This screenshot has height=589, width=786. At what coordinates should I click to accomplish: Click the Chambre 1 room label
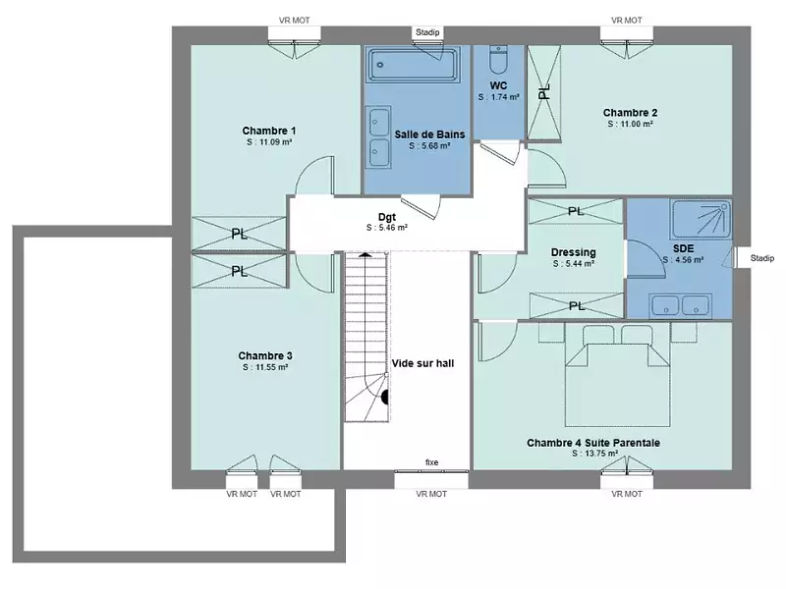coord(269,131)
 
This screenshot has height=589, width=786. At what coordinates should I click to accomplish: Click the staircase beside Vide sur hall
coord(365,334)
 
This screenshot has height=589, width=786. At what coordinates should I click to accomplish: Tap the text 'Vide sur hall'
coord(422,362)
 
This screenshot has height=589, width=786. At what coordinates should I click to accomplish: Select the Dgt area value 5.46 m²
coord(386,227)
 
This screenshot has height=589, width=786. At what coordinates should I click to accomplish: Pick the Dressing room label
coord(573,252)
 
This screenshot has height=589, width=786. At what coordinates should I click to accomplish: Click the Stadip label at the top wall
coord(428,32)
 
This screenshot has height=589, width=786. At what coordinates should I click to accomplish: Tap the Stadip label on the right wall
coord(761,259)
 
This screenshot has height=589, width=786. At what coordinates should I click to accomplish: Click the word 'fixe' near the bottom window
coord(431,462)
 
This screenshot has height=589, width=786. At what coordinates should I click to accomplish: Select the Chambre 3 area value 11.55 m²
coord(265,367)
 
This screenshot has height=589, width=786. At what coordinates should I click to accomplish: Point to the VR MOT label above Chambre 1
coord(296,20)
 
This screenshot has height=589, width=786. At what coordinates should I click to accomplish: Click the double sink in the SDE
coord(681,305)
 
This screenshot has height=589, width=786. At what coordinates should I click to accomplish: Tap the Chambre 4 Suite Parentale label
coord(592,443)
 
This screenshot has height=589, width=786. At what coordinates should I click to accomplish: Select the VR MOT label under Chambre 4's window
coord(627,494)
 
